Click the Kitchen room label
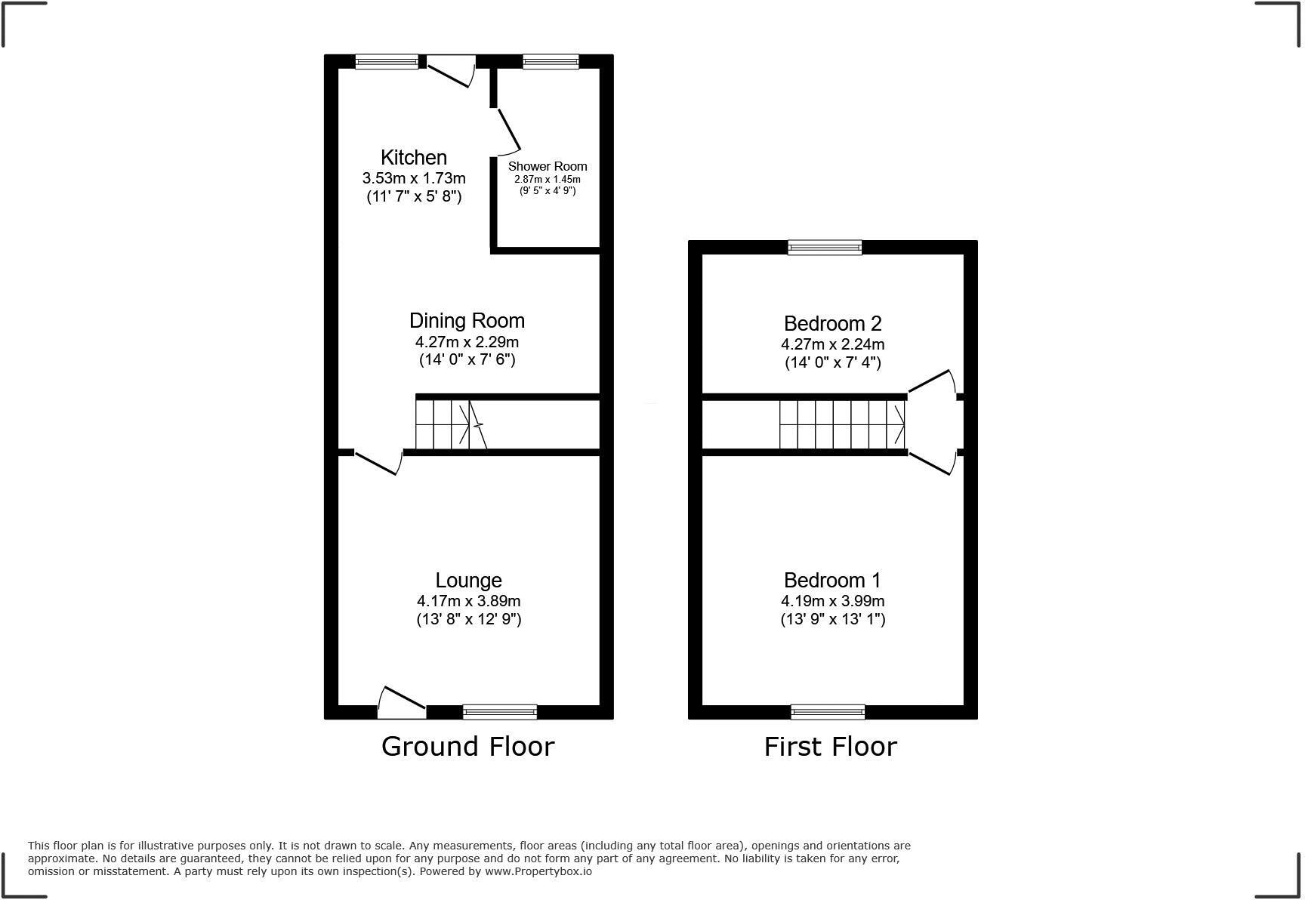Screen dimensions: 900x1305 [x=413, y=157]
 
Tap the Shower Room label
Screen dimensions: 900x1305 [x=548, y=166]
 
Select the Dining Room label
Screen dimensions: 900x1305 [x=467, y=320]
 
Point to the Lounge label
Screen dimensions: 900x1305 [x=468, y=580]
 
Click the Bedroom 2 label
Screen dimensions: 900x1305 [x=832, y=323]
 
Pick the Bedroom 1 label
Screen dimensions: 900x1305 [x=832, y=580]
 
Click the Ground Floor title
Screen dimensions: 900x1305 [x=467, y=746]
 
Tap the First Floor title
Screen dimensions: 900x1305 [x=830, y=746]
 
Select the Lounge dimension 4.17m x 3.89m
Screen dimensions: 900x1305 [x=468, y=601]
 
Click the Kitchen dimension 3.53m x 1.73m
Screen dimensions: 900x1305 [x=414, y=178]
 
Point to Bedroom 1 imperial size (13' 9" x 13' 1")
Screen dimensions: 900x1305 [x=832, y=619]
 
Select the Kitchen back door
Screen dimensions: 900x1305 [x=451, y=72]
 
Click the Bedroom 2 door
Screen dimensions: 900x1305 [x=932, y=381]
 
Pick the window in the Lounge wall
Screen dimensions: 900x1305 [x=499, y=711]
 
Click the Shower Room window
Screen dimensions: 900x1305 [x=551, y=62]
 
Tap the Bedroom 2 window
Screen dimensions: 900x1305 [x=824, y=247]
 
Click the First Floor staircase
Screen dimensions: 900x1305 [x=842, y=424]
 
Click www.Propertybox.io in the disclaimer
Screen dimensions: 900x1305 [x=538, y=871]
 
